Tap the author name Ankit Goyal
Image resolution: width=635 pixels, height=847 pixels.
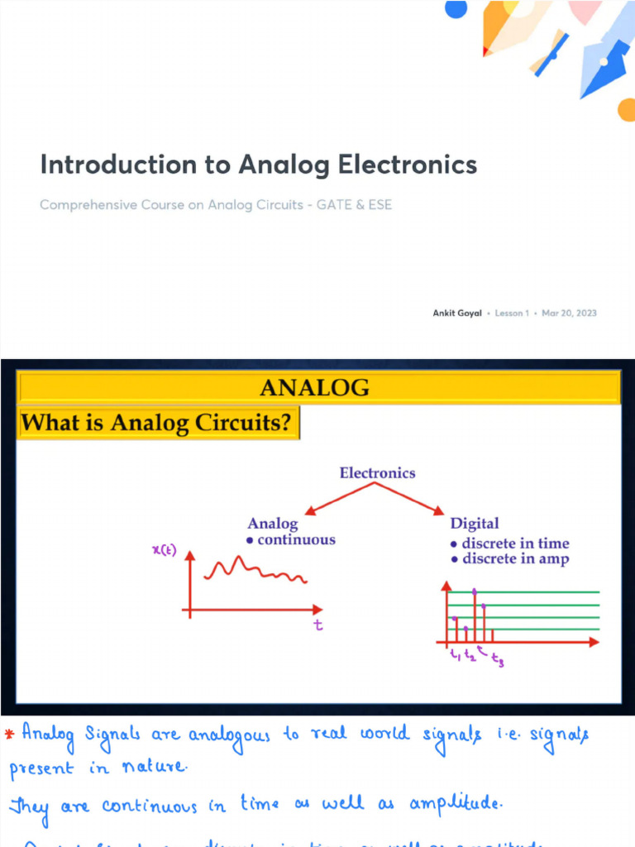tap(457, 313)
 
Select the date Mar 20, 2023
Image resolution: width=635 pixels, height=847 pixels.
tap(569, 313)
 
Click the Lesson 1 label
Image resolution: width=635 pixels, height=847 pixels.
tap(512, 313)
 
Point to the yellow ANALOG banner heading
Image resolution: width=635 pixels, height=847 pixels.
tap(315, 387)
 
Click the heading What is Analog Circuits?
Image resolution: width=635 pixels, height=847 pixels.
tap(156, 423)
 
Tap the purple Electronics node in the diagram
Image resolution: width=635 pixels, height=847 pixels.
tap(377, 473)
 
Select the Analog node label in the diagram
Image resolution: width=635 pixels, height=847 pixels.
tap(273, 523)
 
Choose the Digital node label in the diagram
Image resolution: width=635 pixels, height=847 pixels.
tap(474, 523)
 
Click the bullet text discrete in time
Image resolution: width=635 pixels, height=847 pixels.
tap(514, 543)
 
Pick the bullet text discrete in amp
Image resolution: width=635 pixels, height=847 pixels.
tap(514, 559)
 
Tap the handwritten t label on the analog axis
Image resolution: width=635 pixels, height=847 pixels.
tap(317, 626)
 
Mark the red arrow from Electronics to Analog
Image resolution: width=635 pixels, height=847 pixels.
tap(339, 499)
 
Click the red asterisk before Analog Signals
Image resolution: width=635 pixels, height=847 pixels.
tap(9, 733)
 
